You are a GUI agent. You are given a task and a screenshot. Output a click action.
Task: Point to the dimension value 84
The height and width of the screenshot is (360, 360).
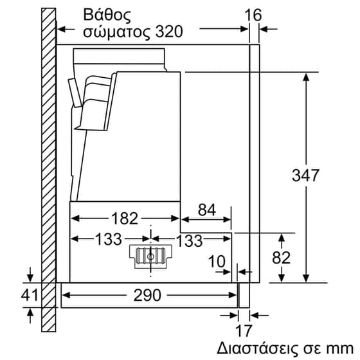point(206,209)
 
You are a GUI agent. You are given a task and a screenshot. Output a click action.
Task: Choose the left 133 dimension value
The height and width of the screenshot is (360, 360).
point(107,240)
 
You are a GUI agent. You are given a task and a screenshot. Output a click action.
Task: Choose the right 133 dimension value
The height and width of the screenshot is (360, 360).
point(190,240)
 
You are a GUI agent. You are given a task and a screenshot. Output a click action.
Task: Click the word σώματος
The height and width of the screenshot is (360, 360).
point(118,31)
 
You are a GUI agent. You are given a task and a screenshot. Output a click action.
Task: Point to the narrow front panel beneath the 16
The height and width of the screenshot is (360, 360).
point(253,161)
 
